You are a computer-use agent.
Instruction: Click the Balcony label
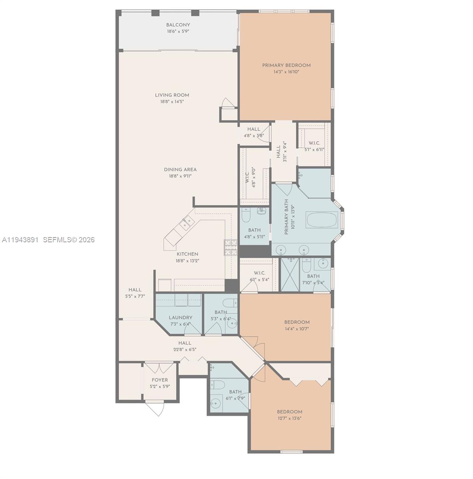pos(178,25)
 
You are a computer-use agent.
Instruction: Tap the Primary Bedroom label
pos(286,65)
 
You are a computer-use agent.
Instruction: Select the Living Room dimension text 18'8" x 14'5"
pos(172,102)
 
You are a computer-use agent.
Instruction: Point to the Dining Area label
pos(180,170)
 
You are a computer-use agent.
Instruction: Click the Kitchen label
pos(187,254)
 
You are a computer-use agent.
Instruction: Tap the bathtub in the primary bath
pos(322,220)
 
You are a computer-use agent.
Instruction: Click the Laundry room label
pos(181,318)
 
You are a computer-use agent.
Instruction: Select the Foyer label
pos(160,380)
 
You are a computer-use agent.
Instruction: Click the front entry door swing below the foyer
pos(155,408)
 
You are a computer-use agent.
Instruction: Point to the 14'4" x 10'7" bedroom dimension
pos(297,329)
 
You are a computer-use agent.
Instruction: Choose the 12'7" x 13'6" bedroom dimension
pos(289,419)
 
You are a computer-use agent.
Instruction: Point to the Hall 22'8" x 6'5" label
pos(185,343)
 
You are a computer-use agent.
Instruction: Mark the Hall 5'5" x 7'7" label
pos(135,290)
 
